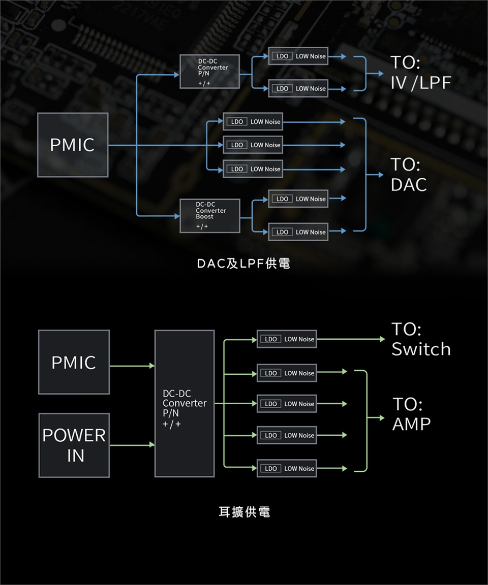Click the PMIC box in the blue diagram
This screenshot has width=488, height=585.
pyautogui.click(x=73, y=145)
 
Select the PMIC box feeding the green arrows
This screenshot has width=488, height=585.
pyautogui.click(x=74, y=362)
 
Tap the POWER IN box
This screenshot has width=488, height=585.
pyautogui.click(x=74, y=445)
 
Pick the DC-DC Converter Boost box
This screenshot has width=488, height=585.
pyautogui.click(x=209, y=216)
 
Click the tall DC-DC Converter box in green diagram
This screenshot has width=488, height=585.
pyautogui.click(x=185, y=404)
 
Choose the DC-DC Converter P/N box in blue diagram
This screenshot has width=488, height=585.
pyautogui.click(x=209, y=71)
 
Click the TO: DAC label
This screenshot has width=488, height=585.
pyautogui.click(x=408, y=175)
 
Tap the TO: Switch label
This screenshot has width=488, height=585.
pyautogui.click(x=420, y=339)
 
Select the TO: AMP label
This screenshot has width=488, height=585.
pyautogui.click(x=411, y=414)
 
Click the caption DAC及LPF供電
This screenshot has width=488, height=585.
pyautogui.click(x=244, y=264)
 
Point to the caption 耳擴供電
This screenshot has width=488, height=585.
pyautogui.click(x=244, y=512)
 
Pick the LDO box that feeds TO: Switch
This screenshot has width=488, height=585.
pyautogui.click(x=287, y=339)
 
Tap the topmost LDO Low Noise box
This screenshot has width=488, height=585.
pyautogui.click(x=298, y=56)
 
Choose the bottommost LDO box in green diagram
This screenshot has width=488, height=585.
pyautogui.click(x=287, y=468)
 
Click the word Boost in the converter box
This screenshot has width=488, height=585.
pyautogui.click(x=205, y=217)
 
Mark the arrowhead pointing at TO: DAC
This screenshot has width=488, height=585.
pyautogui.click(x=380, y=175)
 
